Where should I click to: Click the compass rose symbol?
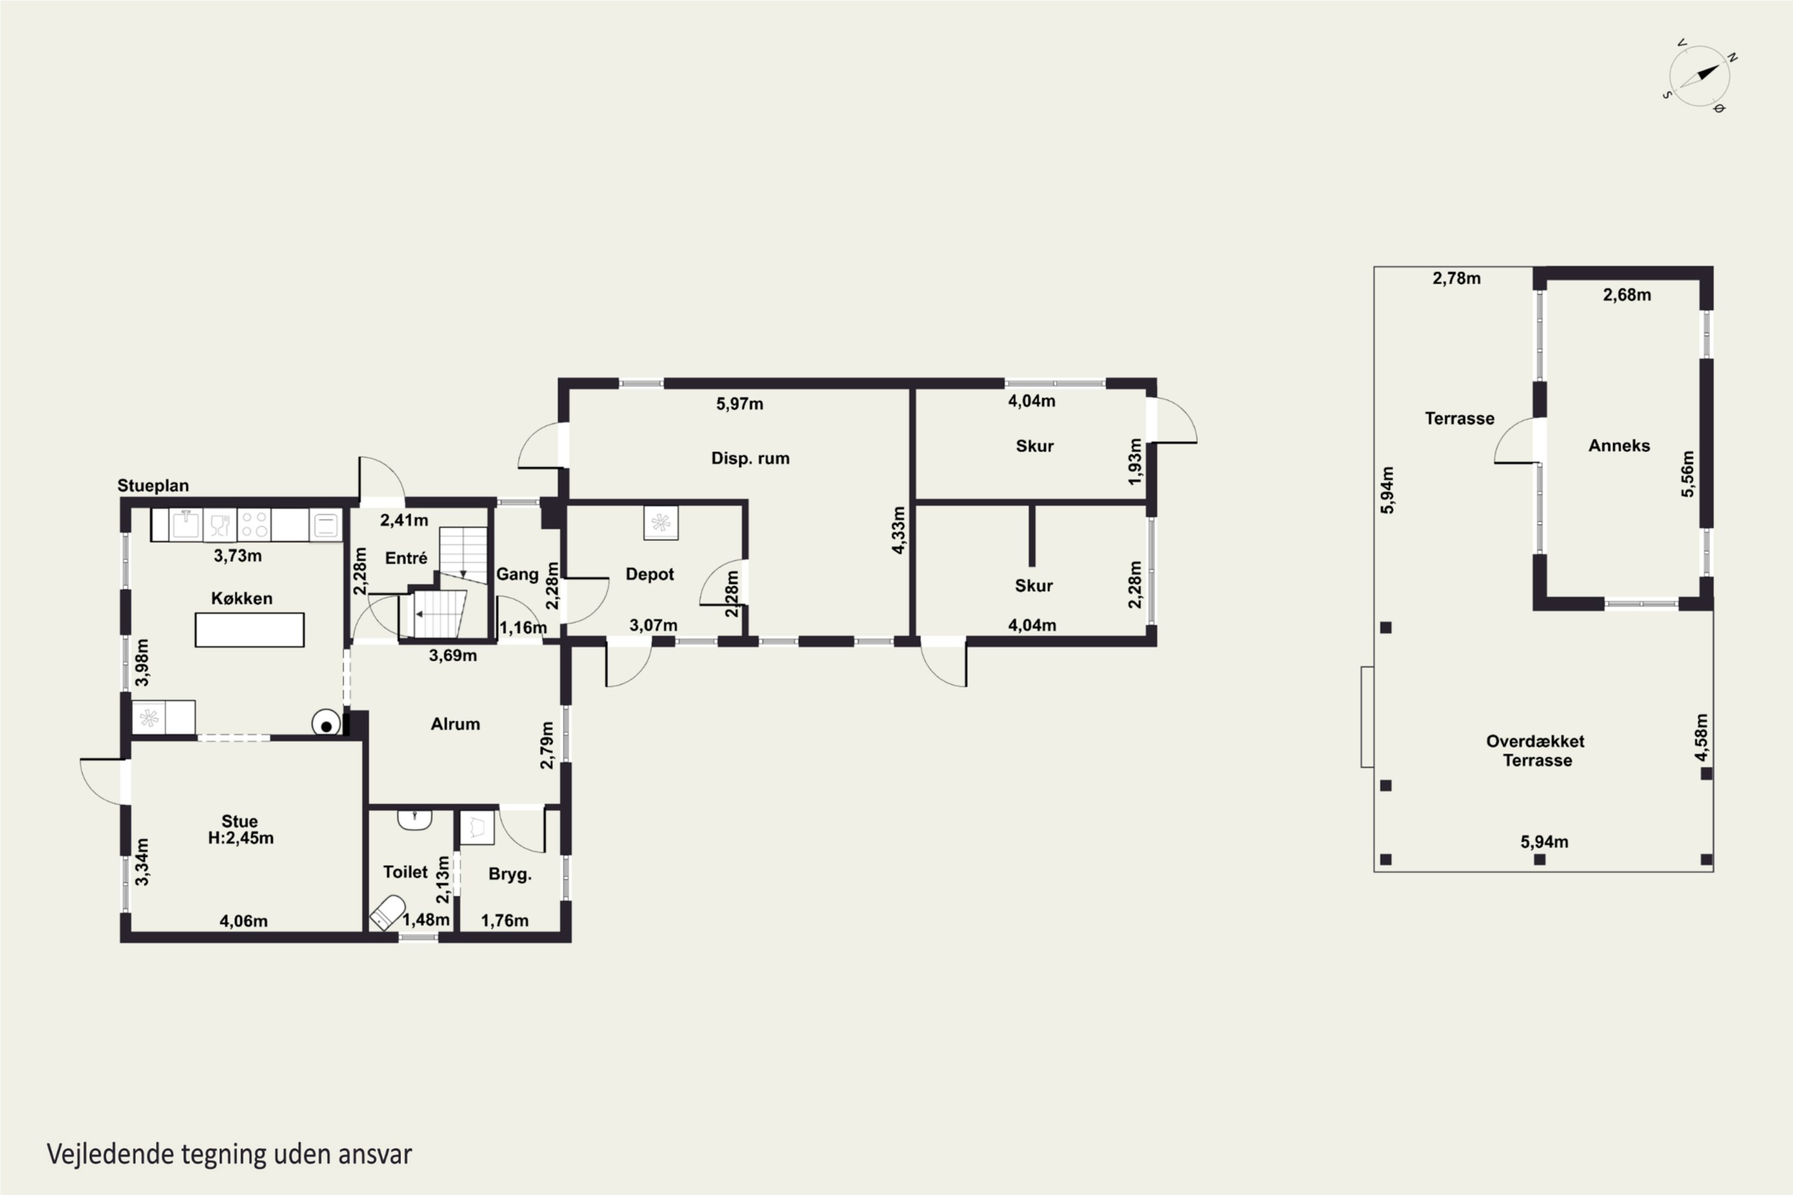click(1699, 76)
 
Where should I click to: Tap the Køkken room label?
click(241, 598)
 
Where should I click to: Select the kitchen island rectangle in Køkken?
click(249, 630)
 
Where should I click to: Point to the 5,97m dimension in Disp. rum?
click(739, 404)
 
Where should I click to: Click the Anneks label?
click(1619, 446)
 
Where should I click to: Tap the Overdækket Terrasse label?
click(1536, 750)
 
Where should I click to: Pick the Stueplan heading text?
click(153, 485)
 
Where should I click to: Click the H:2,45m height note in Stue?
click(241, 838)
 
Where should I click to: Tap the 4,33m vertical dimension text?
click(899, 531)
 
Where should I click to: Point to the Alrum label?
click(455, 724)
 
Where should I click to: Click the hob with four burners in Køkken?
click(254, 525)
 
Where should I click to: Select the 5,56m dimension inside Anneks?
click(1688, 474)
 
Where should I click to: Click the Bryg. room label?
click(510, 874)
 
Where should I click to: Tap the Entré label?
click(406, 558)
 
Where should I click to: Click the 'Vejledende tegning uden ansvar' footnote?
click(230, 1154)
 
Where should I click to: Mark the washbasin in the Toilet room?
click(415, 819)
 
